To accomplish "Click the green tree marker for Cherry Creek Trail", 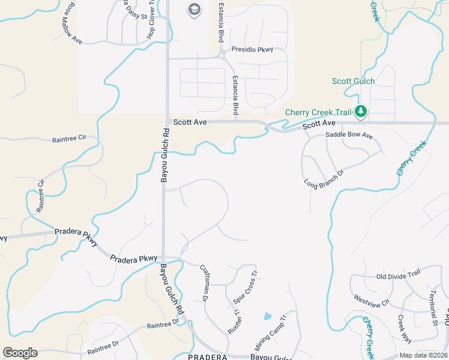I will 361,111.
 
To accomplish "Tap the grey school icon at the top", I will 194,9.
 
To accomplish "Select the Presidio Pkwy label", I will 252,50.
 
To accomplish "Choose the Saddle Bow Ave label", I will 349,136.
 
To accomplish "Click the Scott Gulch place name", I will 353,81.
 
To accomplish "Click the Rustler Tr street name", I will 234,320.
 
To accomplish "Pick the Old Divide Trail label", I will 398,276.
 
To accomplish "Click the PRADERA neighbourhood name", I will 207,357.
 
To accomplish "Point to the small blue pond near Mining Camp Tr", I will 267,316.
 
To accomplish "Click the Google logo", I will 20,353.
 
